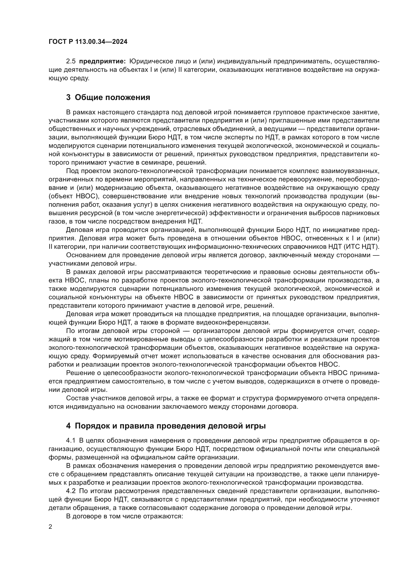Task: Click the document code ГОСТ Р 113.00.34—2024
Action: click(88, 42)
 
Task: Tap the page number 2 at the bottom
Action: click(50, 527)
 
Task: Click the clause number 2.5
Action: click(71, 61)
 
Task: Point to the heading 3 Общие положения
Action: click(108, 97)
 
